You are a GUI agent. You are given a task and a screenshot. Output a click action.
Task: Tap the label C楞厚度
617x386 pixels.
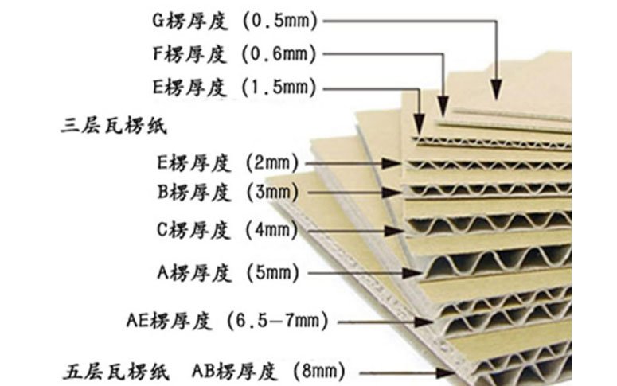click(194, 231)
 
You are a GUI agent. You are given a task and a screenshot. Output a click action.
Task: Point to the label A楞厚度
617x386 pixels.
click(194, 273)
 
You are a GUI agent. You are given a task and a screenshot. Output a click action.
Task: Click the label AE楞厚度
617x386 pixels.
click(169, 322)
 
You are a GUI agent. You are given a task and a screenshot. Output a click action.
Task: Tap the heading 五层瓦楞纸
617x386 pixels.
click(115, 370)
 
